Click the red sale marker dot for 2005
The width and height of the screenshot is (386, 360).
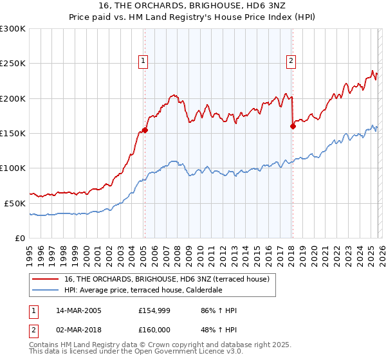[x=145, y=130]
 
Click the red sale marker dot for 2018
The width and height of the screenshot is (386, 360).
[x=292, y=126]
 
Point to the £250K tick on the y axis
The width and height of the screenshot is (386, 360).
[x=13, y=64]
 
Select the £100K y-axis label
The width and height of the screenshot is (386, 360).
[x=13, y=168]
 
